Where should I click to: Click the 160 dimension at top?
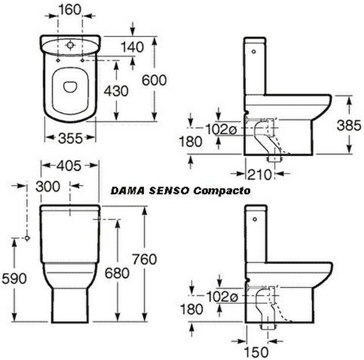[69, 10]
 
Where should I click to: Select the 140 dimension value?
[133, 47]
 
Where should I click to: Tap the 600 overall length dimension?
[154, 80]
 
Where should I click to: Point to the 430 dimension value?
[116, 91]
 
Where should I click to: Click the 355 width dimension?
[71, 138]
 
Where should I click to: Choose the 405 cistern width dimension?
[69, 165]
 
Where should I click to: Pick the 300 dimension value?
[48, 187]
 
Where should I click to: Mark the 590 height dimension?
[14, 279]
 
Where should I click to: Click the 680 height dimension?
[117, 273]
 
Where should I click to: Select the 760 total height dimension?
[144, 259]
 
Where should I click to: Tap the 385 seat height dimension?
[349, 126]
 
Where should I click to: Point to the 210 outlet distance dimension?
[259, 175]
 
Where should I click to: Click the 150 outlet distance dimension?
[257, 352]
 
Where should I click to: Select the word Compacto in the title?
[222, 191]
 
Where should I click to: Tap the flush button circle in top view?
[70, 45]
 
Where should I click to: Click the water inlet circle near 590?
[27, 238]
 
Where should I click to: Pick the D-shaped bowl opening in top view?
[70, 87]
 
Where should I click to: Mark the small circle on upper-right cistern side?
[254, 52]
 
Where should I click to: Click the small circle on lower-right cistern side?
[255, 219]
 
